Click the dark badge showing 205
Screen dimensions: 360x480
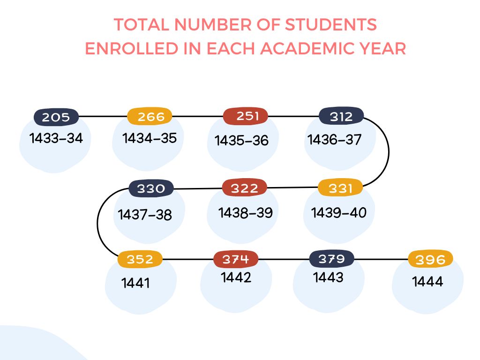[x=56, y=117]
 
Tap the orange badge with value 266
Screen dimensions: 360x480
[x=150, y=116]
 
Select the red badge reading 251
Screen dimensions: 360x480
[x=245, y=116]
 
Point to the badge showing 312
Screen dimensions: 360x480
[x=341, y=116]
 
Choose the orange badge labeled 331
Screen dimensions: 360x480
[x=340, y=188]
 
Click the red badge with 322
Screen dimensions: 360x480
[x=244, y=188]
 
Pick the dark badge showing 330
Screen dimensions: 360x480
[x=151, y=189]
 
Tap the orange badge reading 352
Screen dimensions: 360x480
[x=140, y=259]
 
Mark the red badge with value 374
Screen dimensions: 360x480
[x=236, y=259]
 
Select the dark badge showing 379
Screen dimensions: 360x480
[x=331, y=258]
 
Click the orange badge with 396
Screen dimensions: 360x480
[x=430, y=259]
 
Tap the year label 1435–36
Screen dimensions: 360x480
[x=242, y=140]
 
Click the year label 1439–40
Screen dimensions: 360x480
[x=339, y=212]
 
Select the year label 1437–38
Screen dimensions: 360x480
[x=145, y=215]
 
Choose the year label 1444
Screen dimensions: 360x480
[x=427, y=282]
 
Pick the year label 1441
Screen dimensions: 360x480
[x=135, y=283]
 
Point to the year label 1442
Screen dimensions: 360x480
[x=236, y=277]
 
